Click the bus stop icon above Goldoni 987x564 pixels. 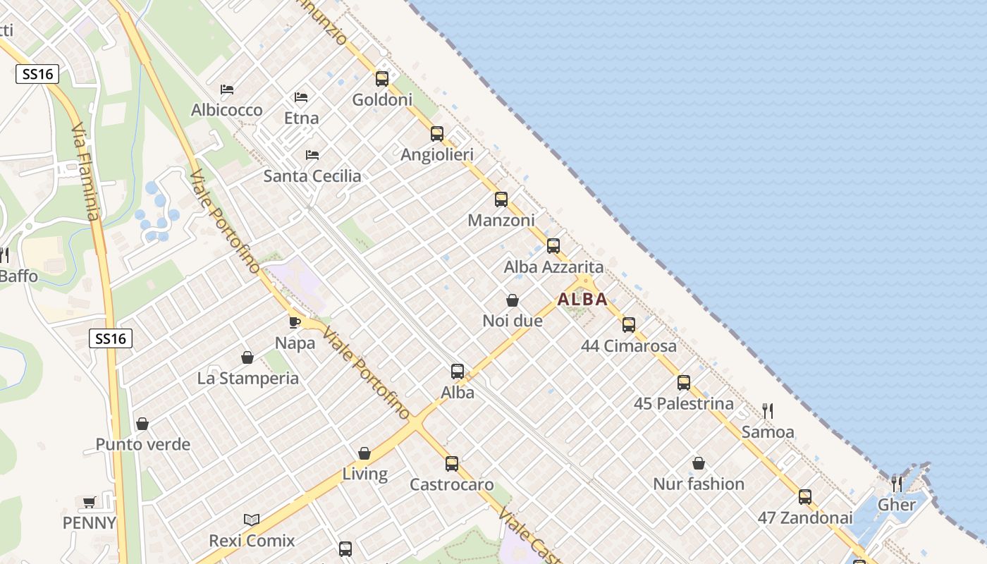click(382, 79)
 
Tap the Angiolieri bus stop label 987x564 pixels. click(437, 154)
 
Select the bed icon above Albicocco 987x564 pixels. click(227, 90)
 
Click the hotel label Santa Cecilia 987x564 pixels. click(312, 176)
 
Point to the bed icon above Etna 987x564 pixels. click(301, 97)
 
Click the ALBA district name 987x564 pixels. click(582, 299)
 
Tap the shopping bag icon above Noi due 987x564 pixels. click(513, 300)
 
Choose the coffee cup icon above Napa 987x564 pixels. click(295, 322)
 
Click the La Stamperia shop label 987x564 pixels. click(248, 379)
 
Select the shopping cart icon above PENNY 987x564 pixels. click(89, 502)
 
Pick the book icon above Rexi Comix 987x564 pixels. click(252, 520)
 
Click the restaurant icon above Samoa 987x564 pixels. click(768, 410)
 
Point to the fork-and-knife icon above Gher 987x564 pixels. click(897, 484)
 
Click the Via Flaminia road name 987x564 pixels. click(86, 173)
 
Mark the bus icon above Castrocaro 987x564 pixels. click(452, 464)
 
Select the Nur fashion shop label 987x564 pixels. click(699, 484)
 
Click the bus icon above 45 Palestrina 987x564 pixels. click(684, 383)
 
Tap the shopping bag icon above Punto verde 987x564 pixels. click(142, 424)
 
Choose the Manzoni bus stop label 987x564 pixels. click(501, 221)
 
